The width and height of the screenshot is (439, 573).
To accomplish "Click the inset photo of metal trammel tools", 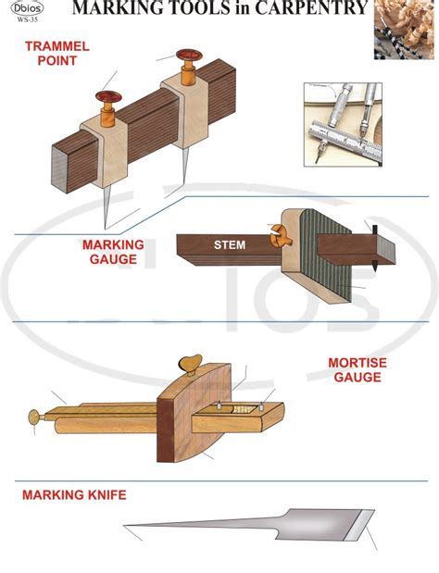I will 343,127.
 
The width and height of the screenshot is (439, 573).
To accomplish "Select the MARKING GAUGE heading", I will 113,252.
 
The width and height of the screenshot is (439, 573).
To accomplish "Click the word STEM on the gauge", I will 230,245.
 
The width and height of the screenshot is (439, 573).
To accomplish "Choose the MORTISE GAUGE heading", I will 357,370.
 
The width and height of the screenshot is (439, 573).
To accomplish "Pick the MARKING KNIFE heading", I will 74,495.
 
